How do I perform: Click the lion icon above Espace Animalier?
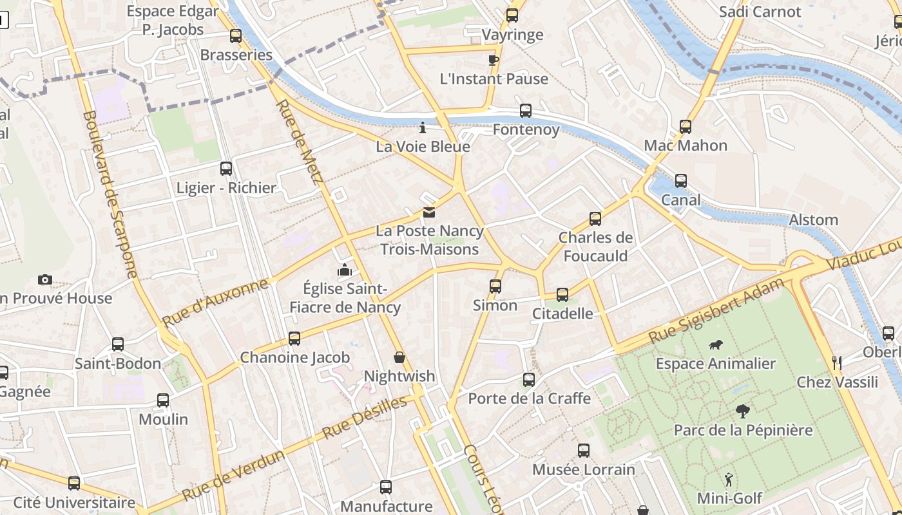tap(715, 345)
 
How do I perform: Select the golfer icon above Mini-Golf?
tap(729, 480)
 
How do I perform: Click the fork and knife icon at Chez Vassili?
tap(837, 363)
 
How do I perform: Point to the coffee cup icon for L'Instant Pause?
tap(494, 60)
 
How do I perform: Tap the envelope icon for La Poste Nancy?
tap(428, 212)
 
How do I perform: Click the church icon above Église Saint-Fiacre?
tap(345, 270)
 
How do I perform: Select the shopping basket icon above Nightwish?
tap(399, 357)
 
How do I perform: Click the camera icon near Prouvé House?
tap(44, 279)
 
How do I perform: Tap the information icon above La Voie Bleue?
tap(423, 127)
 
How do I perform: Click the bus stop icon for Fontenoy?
tap(526, 111)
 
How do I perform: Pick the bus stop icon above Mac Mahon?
tap(686, 127)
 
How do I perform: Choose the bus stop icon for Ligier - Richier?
tap(226, 169)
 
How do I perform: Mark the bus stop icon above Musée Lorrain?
tap(584, 451)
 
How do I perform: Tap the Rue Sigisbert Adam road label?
tap(716, 310)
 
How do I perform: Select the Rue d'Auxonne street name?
tap(215, 303)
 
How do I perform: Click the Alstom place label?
tap(813, 220)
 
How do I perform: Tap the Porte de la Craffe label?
tap(529, 398)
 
